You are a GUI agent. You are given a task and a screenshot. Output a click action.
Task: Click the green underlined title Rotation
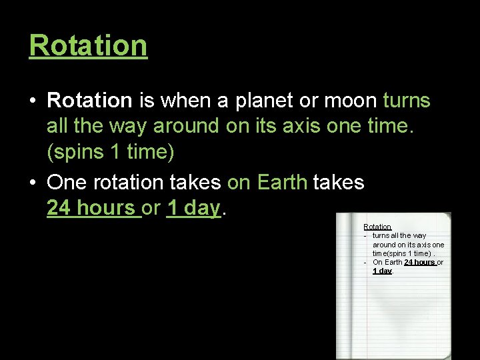88,46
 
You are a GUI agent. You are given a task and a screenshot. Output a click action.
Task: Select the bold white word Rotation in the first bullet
90,101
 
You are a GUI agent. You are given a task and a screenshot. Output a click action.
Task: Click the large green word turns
407,101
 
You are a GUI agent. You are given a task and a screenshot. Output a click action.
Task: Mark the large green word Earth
281,182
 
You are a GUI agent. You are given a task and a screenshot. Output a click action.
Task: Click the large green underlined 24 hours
93,208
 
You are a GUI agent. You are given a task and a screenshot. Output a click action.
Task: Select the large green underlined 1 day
193,208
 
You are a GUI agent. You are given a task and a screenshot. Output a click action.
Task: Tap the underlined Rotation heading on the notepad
377,227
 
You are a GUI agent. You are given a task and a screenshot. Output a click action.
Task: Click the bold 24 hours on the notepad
419,262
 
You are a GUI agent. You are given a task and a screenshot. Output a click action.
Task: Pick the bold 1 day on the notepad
382,271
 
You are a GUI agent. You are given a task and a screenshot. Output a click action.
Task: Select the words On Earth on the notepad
387,262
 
